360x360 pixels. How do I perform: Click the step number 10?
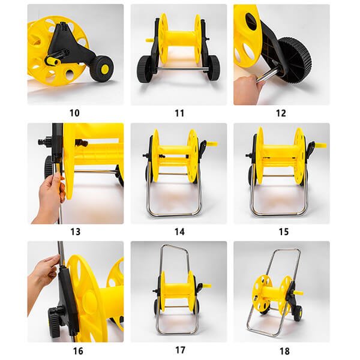pos(74,113)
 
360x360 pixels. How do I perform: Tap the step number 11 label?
pos(179,113)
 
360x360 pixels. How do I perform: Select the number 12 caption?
pos(281,113)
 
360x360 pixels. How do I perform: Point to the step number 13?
pos(76,232)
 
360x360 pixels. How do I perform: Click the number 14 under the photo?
pos(179,232)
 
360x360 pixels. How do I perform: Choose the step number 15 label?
pos(284,232)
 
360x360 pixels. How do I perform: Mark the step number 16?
pos(78,351)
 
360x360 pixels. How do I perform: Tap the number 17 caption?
pos(180,350)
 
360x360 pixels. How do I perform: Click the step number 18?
pos(284,351)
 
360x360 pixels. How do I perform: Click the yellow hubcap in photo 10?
pos(104,69)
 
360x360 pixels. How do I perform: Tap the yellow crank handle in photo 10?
pos(53,61)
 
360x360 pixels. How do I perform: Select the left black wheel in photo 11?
pos(144,68)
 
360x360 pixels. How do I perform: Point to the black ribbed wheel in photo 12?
pos(295,60)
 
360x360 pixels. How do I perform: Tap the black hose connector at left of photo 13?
pos(45,141)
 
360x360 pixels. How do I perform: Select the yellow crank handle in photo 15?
pos(320,145)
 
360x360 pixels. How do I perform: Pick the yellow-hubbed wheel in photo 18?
pos(298,313)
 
